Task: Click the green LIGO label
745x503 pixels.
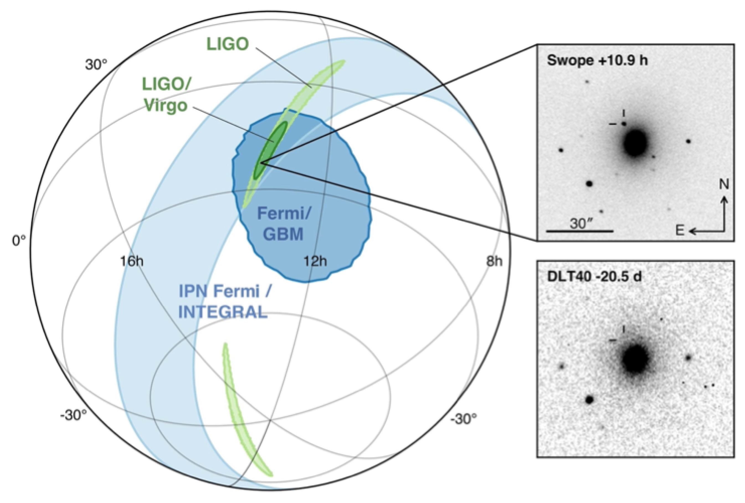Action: [x=227, y=44]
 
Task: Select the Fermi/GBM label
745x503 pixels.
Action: [x=283, y=223]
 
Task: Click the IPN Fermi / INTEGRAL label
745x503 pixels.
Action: [x=224, y=301]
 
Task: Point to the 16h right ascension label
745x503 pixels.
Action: [x=132, y=261]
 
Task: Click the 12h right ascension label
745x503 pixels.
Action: [x=315, y=261]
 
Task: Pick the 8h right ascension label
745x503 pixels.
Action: [x=494, y=261]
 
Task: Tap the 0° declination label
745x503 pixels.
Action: [x=19, y=241]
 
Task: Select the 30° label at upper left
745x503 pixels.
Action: [x=96, y=65]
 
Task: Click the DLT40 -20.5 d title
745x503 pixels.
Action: [x=594, y=277]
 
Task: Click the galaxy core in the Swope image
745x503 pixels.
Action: [x=635, y=143]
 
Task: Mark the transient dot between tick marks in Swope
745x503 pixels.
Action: [x=624, y=124]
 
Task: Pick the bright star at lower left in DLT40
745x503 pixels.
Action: [x=589, y=399]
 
